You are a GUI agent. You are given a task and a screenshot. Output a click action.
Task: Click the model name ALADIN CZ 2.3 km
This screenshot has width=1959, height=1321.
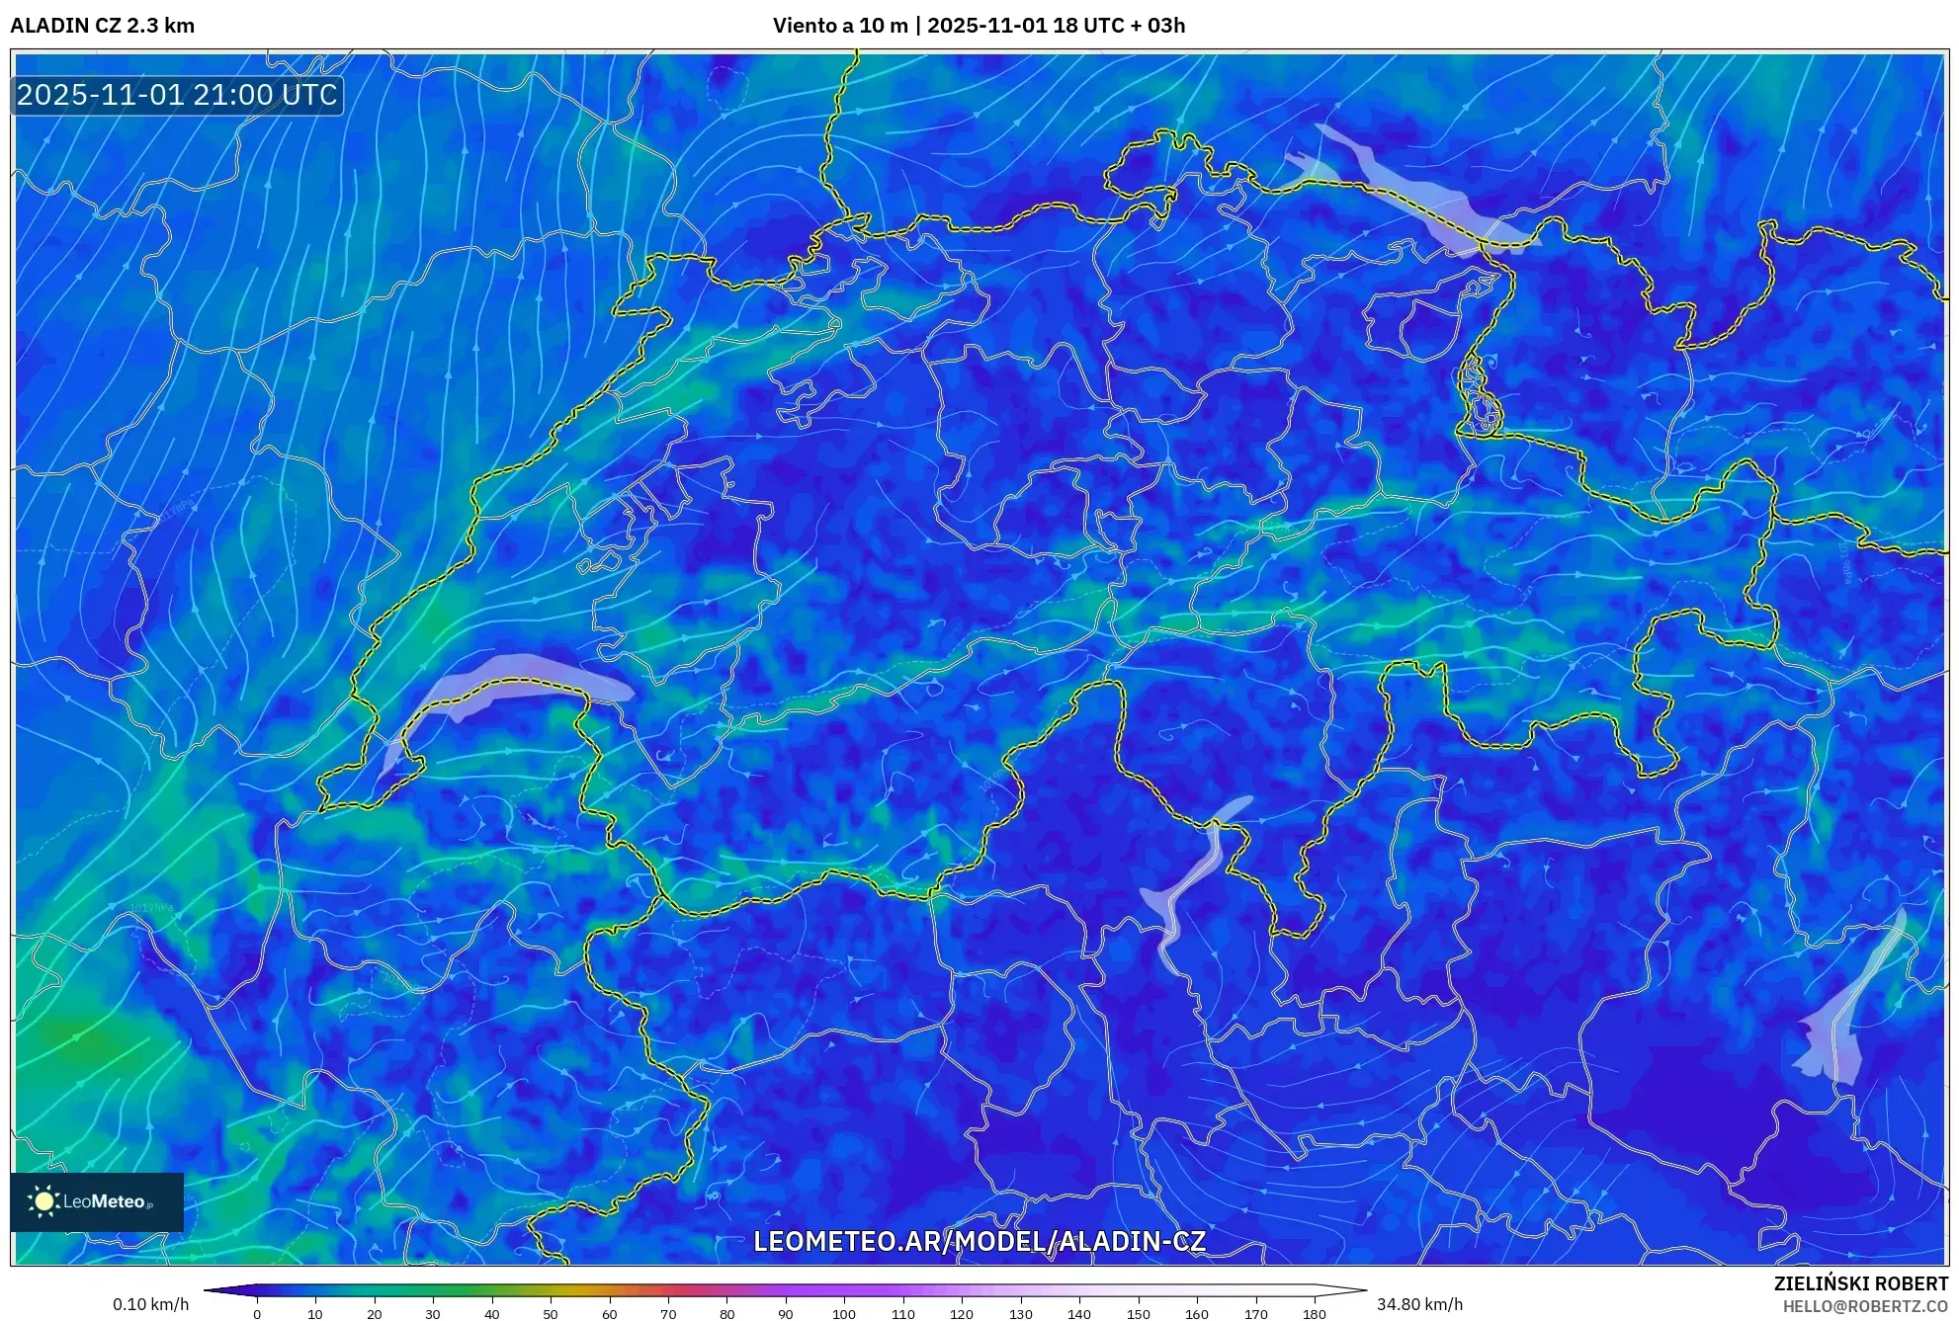click(102, 26)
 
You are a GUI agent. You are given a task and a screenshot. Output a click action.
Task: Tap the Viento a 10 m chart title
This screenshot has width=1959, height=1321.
click(979, 26)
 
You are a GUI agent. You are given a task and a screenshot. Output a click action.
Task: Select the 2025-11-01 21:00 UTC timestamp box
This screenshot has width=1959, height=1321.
click(177, 95)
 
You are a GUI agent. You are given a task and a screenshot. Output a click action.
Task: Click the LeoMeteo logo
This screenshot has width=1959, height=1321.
click(96, 1201)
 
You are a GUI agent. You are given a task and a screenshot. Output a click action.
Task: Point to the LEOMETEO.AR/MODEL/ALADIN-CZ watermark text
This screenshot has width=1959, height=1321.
click(979, 1241)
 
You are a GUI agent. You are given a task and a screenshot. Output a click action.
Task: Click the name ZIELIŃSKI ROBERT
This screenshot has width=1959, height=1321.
click(1860, 1283)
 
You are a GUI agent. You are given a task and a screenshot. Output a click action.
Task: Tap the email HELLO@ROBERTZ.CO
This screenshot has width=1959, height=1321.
click(1864, 1306)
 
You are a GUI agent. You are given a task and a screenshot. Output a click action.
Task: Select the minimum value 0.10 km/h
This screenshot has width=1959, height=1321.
click(150, 1304)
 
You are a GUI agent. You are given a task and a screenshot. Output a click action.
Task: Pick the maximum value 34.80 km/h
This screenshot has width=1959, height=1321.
click(1419, 1304)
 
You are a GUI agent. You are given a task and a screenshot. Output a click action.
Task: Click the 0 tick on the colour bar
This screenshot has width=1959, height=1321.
click(257, 1313)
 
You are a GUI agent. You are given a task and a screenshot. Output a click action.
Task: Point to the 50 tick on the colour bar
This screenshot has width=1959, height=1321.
click(551, 1313)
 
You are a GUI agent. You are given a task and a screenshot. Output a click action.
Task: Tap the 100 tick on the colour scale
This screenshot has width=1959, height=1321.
click(844, 1313)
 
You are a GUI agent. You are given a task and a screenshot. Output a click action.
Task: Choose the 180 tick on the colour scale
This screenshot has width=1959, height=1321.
click(1314, 1313)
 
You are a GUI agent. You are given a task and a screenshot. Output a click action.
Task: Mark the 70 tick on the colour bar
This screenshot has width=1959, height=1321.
click(668, 1313)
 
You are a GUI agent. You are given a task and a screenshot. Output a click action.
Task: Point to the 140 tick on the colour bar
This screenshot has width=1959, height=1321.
click(1079, 1313)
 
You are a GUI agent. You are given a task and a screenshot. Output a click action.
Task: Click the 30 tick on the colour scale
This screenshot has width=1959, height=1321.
click(433, 1313)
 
